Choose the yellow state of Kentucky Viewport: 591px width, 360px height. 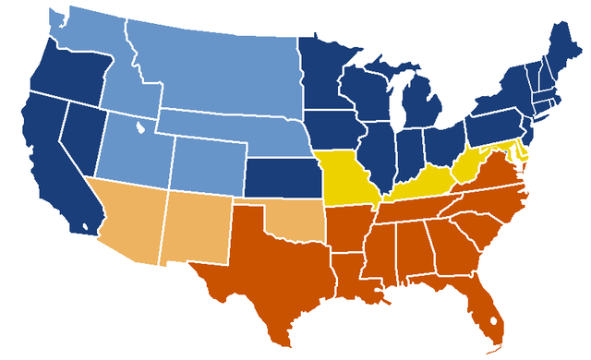point(416,185)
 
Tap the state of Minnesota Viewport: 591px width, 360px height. point(323,74)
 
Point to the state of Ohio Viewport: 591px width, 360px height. point(443,138)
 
